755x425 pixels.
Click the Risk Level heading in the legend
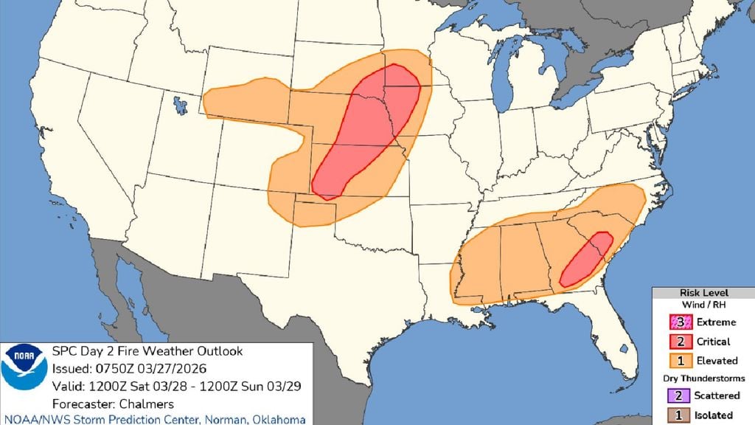coord(703,293)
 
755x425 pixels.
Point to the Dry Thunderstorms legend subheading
coord(703,379)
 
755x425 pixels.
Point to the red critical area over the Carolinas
coord(587,259)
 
